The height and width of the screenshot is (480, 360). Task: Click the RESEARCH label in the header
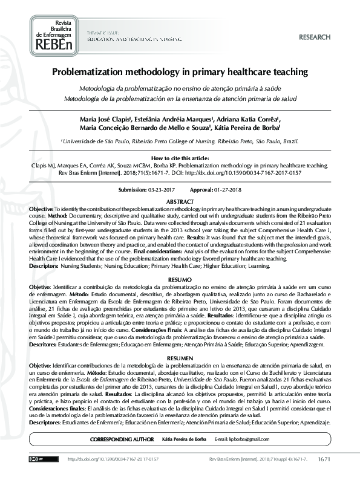click(x=315, y=37)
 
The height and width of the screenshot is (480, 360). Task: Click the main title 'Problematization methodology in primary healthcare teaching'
click(x=180, y=71)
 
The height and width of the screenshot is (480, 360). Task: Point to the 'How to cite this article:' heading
click(x=180, y=157)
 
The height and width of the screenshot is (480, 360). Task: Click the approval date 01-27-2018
click(x=227, y=190)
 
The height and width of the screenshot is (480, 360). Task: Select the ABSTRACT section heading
click(x=180, y=201)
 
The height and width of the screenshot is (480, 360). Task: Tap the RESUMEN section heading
click(x=180, y=359)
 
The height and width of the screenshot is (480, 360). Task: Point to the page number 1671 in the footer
click(x=324, y=459)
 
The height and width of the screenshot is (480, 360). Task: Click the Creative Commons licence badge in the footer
click(x=38, y=459)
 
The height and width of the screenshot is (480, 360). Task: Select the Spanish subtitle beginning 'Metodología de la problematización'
click(x=180, y=97)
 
